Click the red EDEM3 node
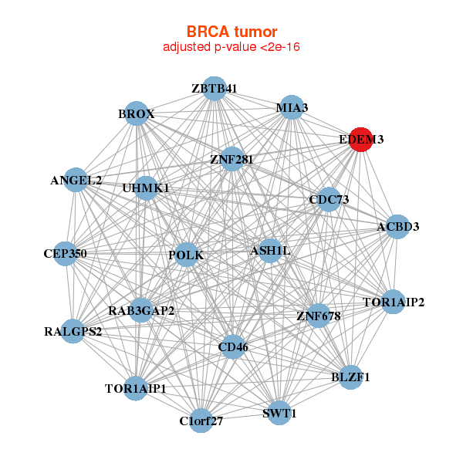(x=360, y=140)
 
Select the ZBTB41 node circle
(x=214, y=89)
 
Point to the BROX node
(x=137, y=114)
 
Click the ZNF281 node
(x=231, y=159)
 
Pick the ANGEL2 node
(x=76, y=181)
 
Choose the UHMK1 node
(x=146, y=188)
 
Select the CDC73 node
(x=329, y=200)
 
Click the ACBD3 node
(x=397, y=227)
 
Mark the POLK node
(x=185, y=254)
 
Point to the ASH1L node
(x=269, y=251)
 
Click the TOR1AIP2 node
(x=394, y=302)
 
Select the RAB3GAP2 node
(x=141, y=311)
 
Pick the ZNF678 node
(x=318, y=315)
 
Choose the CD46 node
(x=232, y=347)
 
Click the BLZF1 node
(x=350, y=377)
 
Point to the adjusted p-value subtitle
(x=231, y=47)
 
